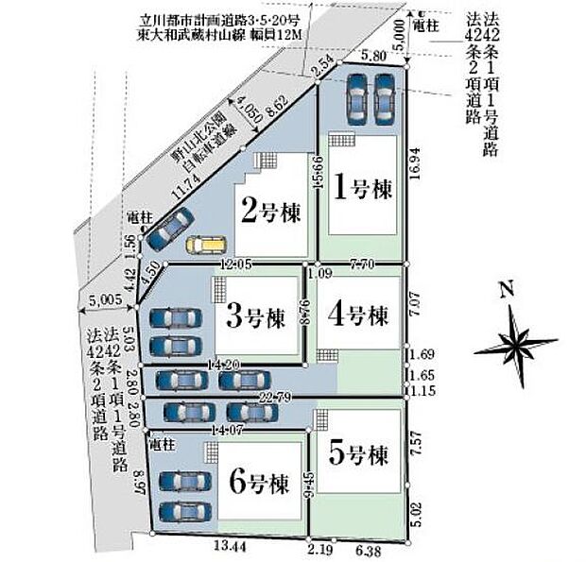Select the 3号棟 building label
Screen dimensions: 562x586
(x=254, y=315)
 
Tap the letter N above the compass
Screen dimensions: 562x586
(x=507, y=291)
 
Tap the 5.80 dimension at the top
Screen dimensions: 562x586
(x=373, y=57)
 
